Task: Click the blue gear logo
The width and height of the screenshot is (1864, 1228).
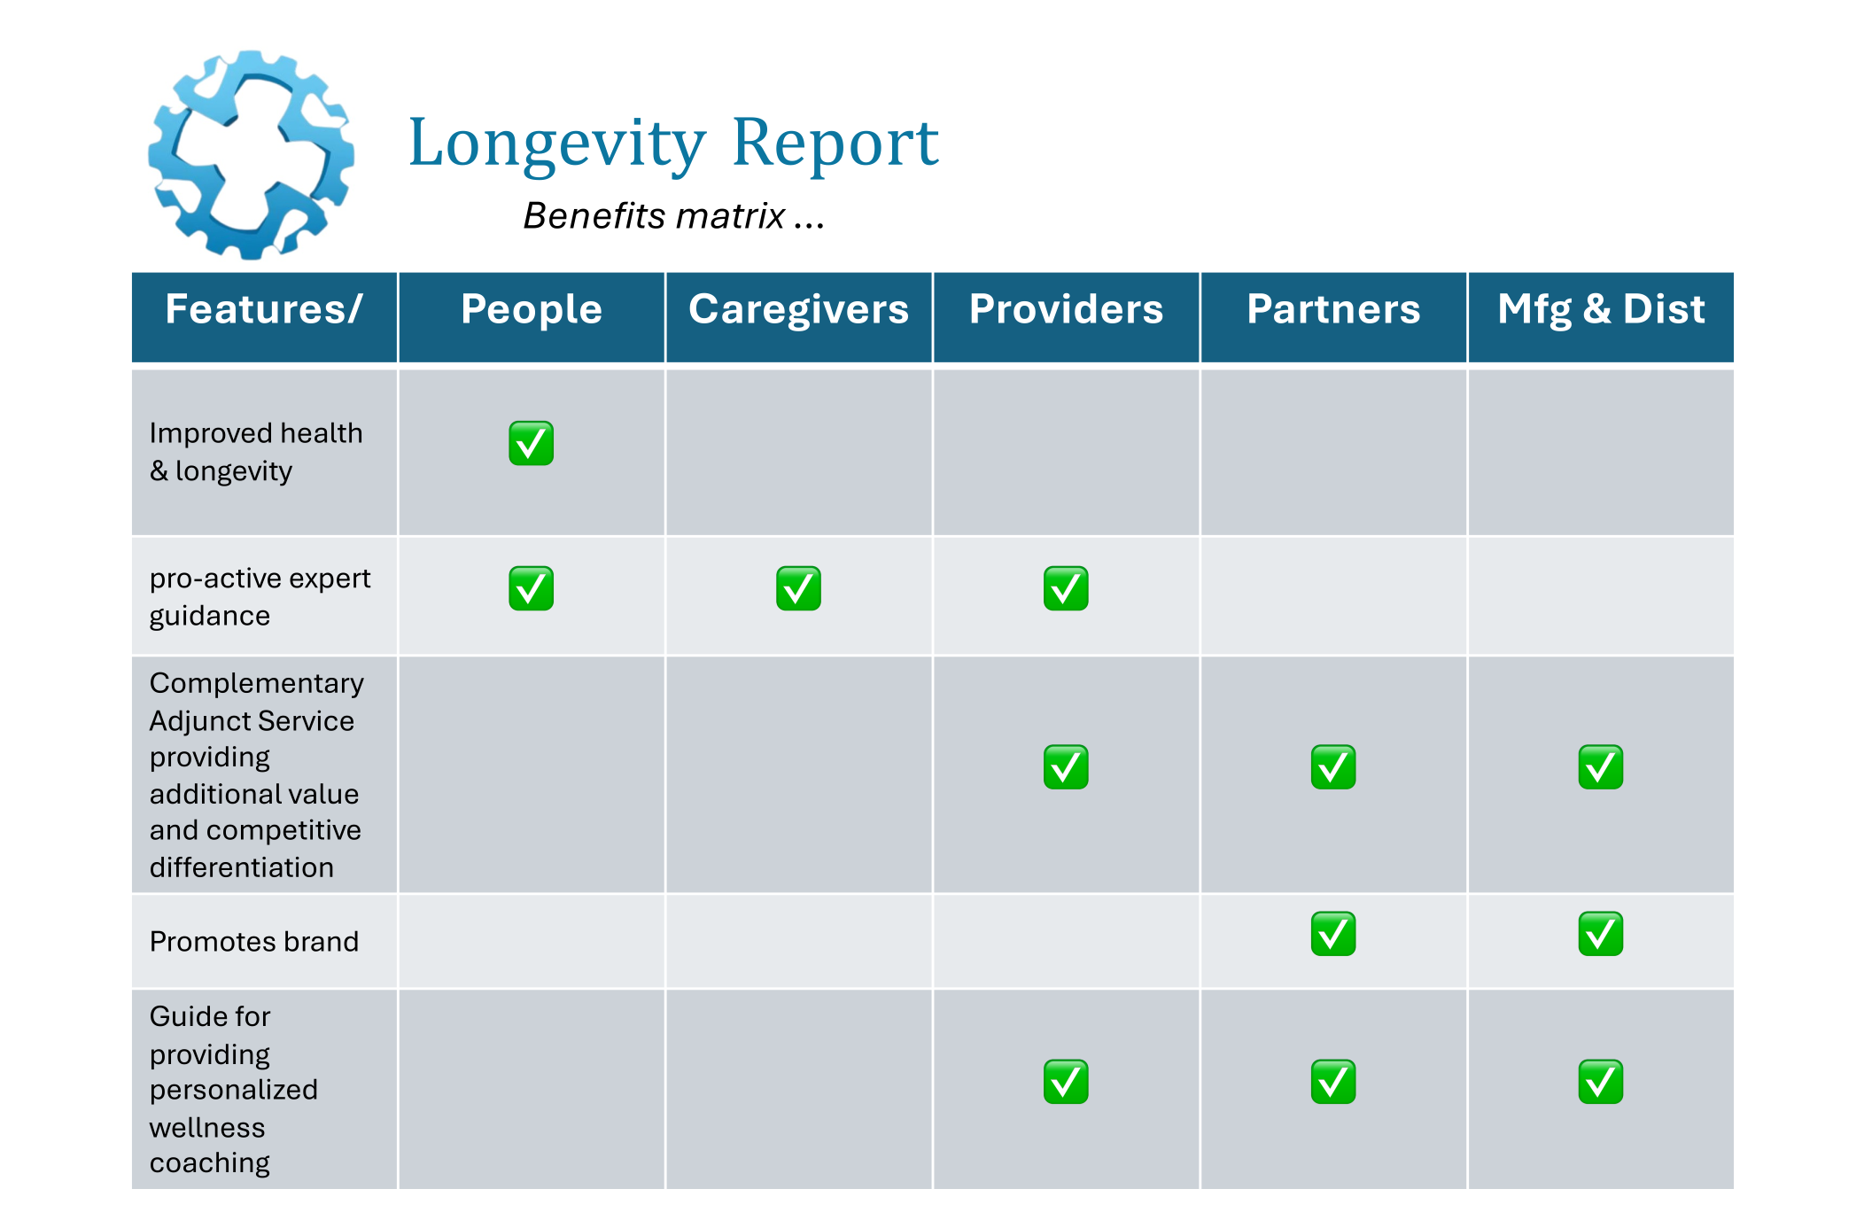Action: [251, 156]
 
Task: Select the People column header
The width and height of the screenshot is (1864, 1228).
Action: [532, 309]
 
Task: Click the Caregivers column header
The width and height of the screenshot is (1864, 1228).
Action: [798, 309]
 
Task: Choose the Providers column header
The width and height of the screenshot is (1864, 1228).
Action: [1066, 309]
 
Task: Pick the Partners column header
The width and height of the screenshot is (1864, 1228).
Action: [1332, 309]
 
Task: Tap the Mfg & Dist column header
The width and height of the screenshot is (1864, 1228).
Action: [1600, 309]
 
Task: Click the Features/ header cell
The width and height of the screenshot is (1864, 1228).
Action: [264, 309]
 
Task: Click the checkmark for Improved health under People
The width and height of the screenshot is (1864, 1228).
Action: [532, 443]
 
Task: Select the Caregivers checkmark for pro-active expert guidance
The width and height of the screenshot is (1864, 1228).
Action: [798, 588]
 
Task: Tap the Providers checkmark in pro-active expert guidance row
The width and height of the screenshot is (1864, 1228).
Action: [1066, 588]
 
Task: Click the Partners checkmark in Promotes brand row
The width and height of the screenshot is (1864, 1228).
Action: [1332, 934]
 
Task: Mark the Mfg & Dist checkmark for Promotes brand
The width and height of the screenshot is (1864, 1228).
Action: [1600, 934]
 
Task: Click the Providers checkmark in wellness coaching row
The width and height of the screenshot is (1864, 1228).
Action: [1066, 1082]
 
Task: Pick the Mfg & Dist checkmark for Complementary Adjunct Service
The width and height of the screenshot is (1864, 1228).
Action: [1600, 767]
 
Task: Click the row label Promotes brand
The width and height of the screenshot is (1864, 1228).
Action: [254, 941]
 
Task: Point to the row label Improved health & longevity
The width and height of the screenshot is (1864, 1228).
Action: [255, 452]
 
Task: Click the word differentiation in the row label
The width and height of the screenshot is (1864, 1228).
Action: [241, 867]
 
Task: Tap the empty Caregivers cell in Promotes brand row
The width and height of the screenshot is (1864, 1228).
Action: [798, 941]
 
